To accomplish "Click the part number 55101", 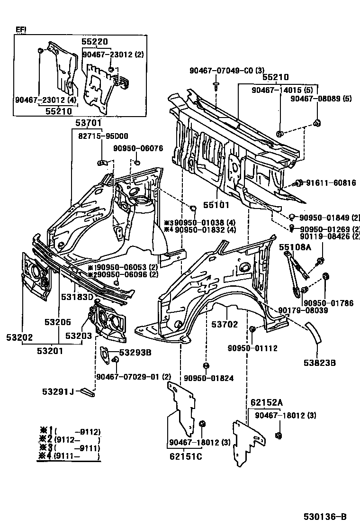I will click(216, 205).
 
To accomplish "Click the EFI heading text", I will click(21, 29).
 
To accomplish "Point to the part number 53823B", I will click(320, 363).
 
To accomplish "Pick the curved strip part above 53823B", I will click(315, 332).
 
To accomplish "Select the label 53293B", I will click(135, 352).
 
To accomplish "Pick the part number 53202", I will click(19, 337).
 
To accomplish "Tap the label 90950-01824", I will click(209, 378).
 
